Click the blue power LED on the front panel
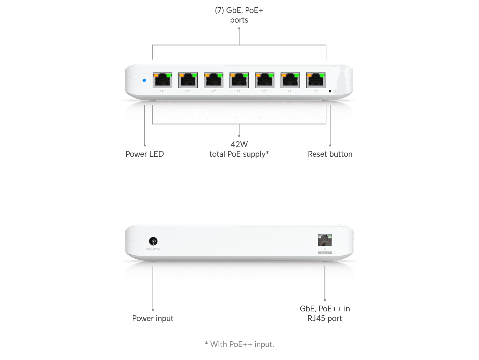click(x=144, y=80)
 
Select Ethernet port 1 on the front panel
click(x=162, y=81)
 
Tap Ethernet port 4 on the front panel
click(x=239, y=81)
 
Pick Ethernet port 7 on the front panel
click(x=315, y=81)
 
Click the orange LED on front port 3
click(x=207, y=75)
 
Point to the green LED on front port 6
click(x=296, y=75)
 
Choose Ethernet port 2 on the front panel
click(x=188, y=81)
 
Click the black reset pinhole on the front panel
click(x=330, y=91)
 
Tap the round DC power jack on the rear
click(x=153, y=241)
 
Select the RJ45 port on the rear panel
click(x=325, y=240)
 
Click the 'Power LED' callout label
click(x=145, y=154)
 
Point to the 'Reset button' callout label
click(x=330, y=154)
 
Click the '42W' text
click(x=239, y=144)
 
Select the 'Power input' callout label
click(x=153, y=318)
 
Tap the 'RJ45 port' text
click(x=325, y=319)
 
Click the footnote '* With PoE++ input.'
click(x=239, y=344)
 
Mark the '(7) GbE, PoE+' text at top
click(x=239, y=10)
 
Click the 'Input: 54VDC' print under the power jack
click(x=153, y=249)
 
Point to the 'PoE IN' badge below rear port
click(x=325, y=253)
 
